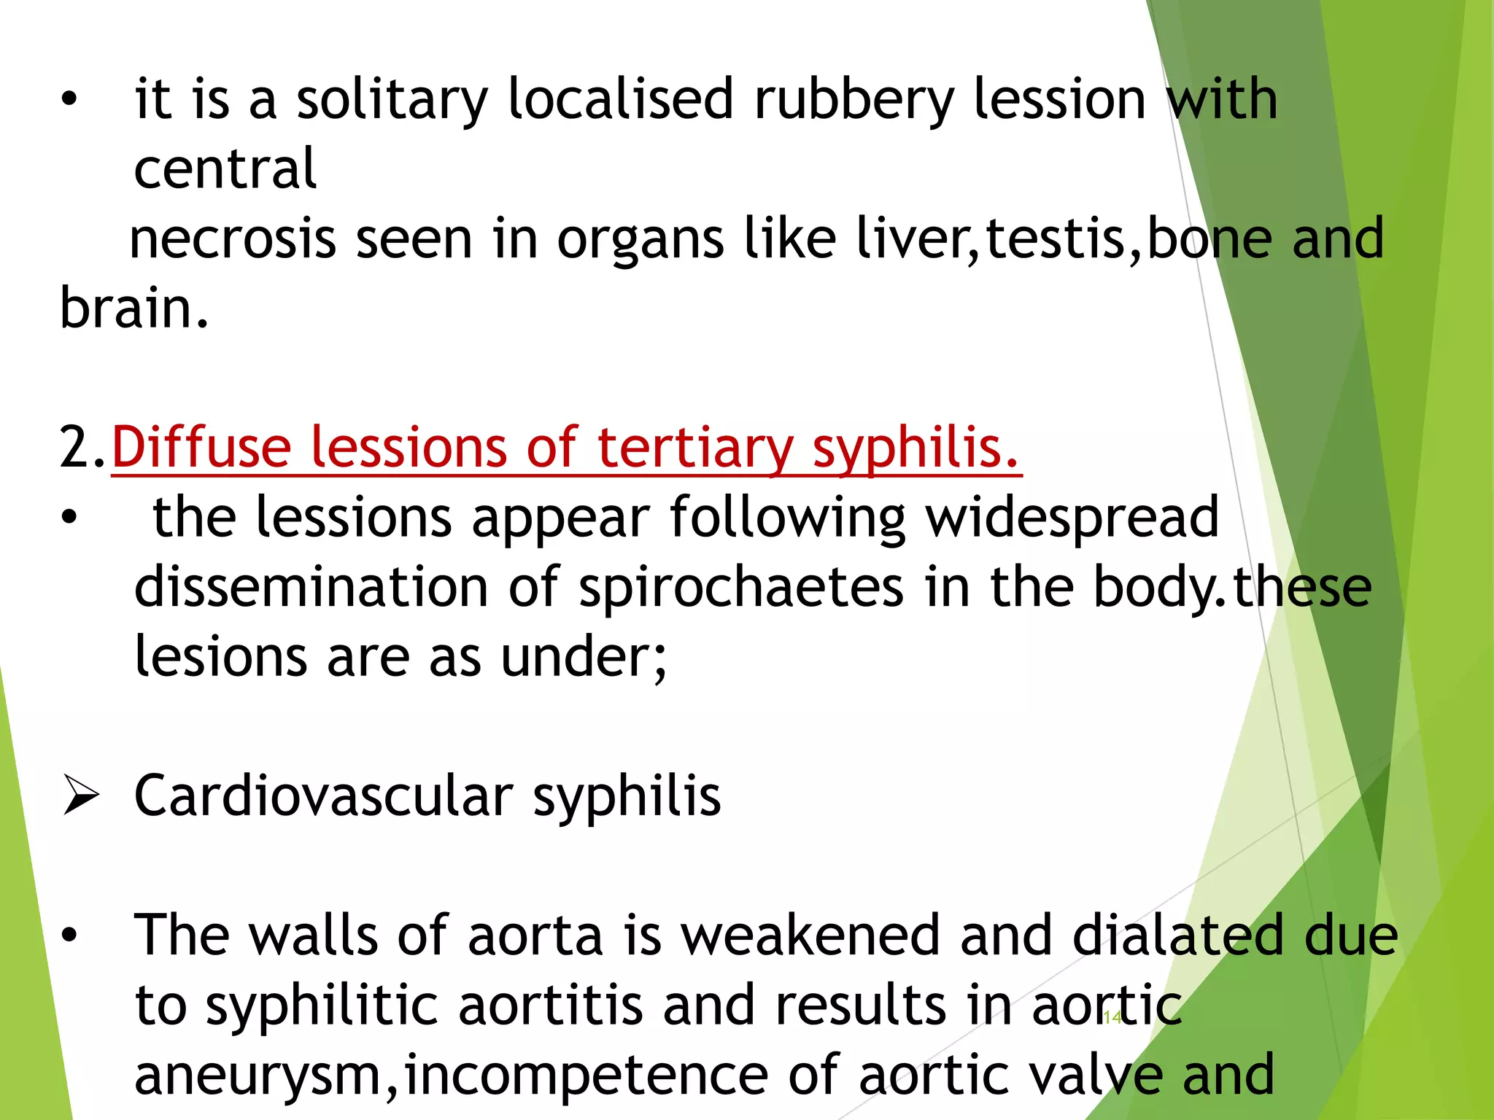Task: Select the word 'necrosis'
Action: tap(232, 239)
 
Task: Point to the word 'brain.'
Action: tap(134, 308)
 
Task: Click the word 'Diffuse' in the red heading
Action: tap(201, 447)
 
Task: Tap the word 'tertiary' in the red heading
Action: tap(695, 447)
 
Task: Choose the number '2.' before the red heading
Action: tap(83, 447)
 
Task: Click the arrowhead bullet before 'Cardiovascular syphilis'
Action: tap(80, 795)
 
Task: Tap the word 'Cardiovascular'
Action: tap(324, 796)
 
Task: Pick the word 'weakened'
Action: tap(810, 936)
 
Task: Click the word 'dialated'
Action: tap(1177, 936)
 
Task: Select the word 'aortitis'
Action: tap(550, 1006)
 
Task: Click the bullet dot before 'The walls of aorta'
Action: tap(69, 936)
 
